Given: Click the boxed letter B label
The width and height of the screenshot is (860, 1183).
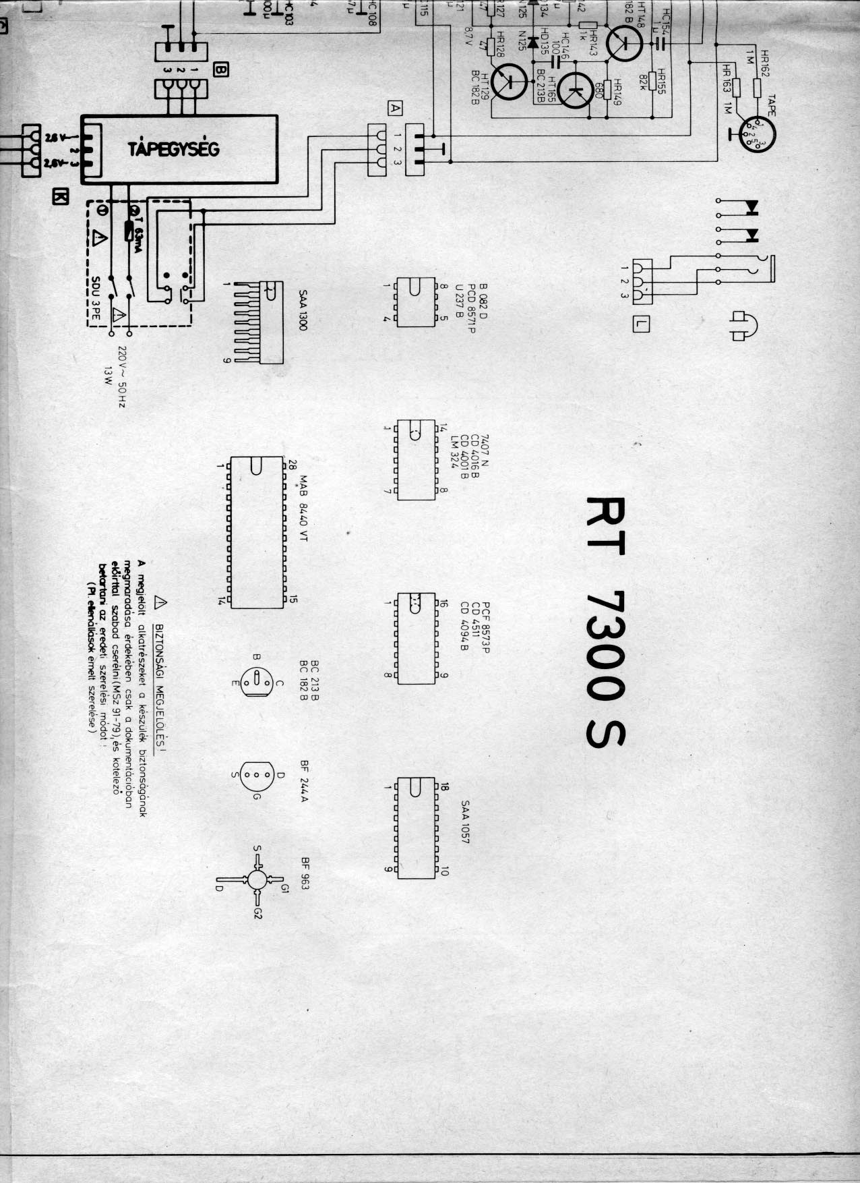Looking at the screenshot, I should coord(222,69).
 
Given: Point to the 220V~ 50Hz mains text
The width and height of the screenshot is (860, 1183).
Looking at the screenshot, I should coord(123,377).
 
